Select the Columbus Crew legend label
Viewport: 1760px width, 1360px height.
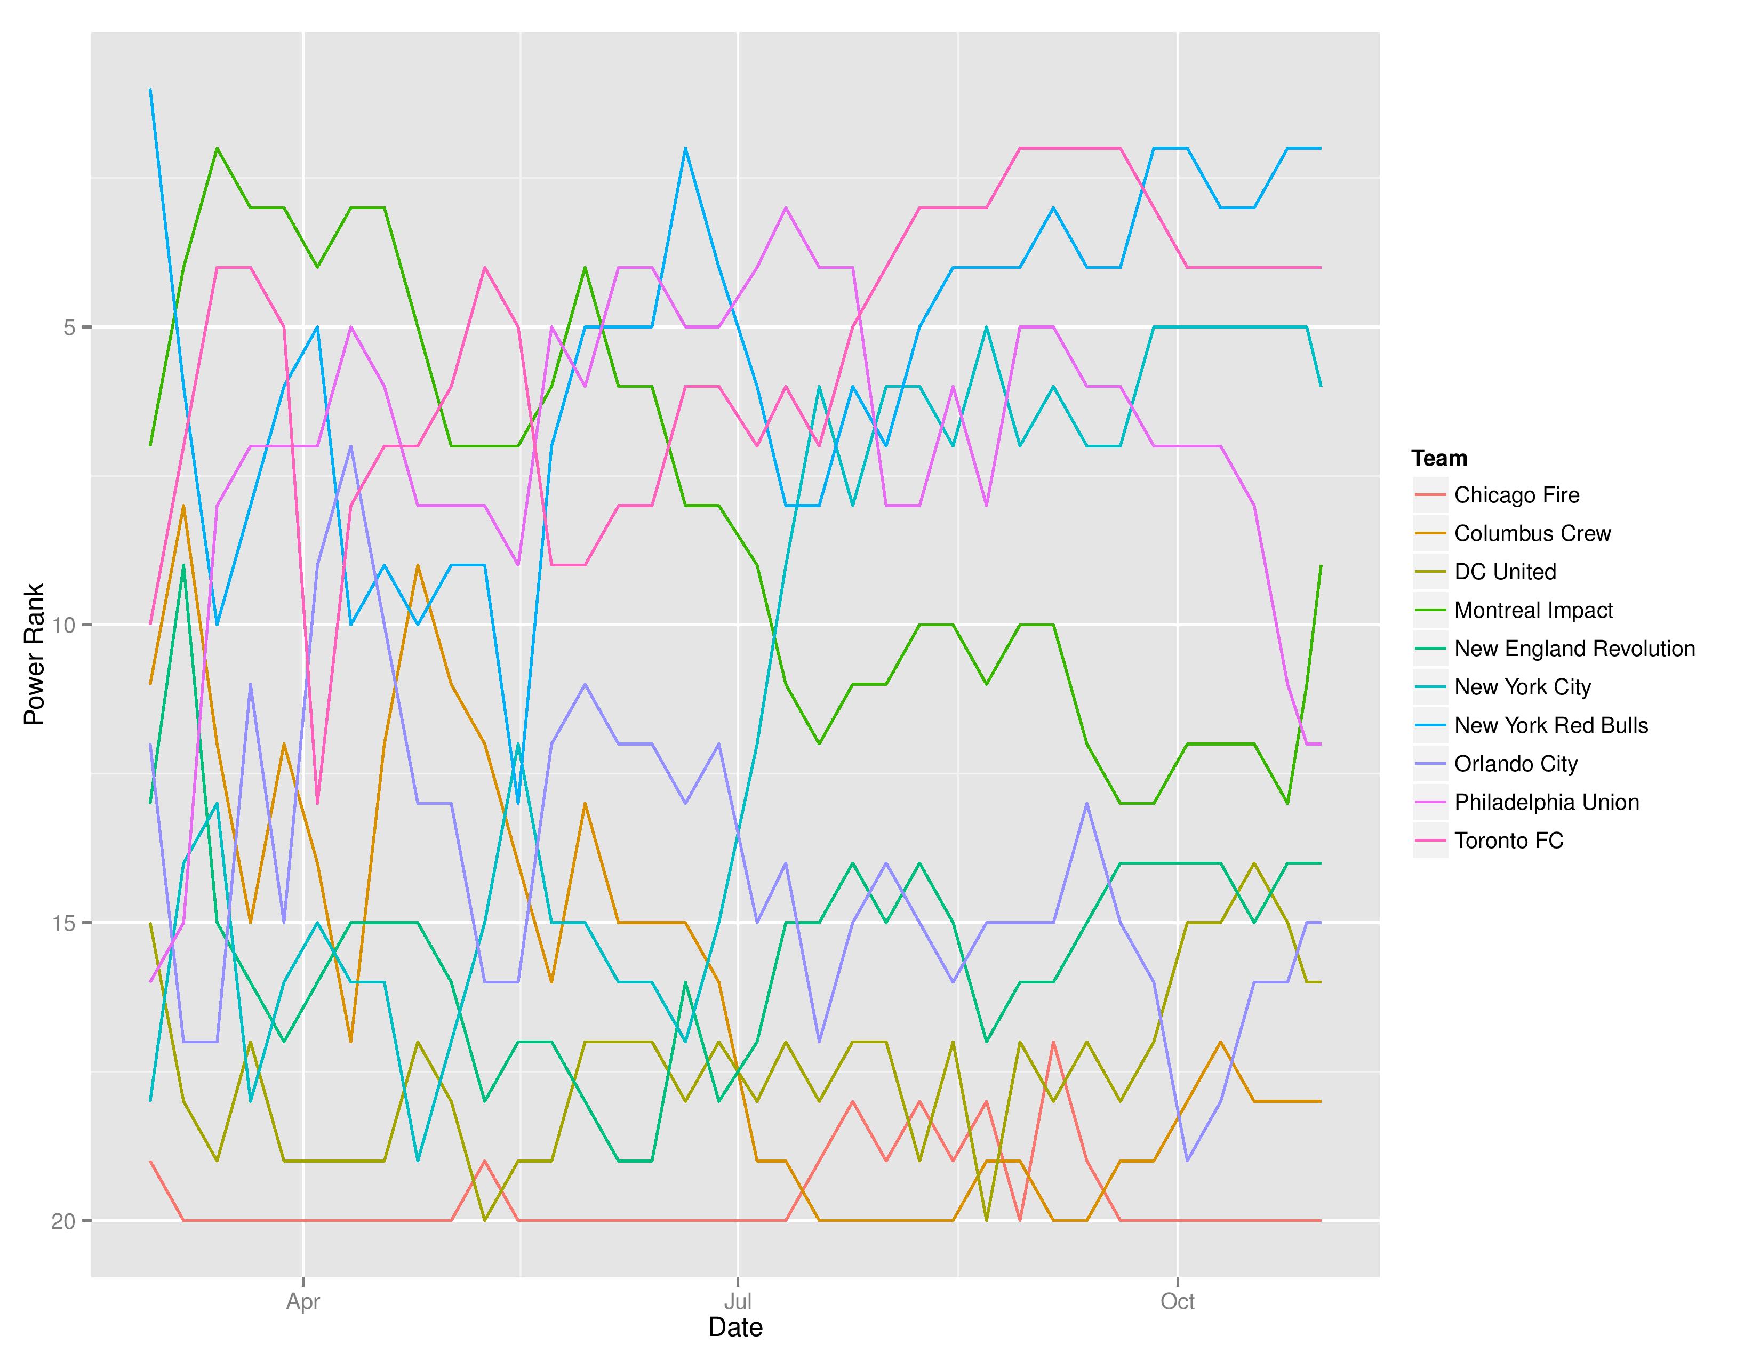1532,533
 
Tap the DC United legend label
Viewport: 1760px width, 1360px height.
1505,572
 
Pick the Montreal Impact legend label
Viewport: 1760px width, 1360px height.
1533,611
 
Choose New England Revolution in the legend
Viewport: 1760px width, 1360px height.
1574,649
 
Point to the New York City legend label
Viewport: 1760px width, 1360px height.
1522,687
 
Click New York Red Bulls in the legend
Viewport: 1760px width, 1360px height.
1550,726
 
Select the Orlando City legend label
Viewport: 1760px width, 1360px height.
1515,764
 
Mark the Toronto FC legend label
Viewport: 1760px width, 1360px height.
1509,841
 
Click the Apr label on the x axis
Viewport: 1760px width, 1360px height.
303,1301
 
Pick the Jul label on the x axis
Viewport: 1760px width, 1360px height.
738,1301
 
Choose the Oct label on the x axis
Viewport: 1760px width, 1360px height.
1178,1301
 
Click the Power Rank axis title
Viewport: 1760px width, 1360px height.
34,654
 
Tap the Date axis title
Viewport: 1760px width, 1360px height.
735,1328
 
